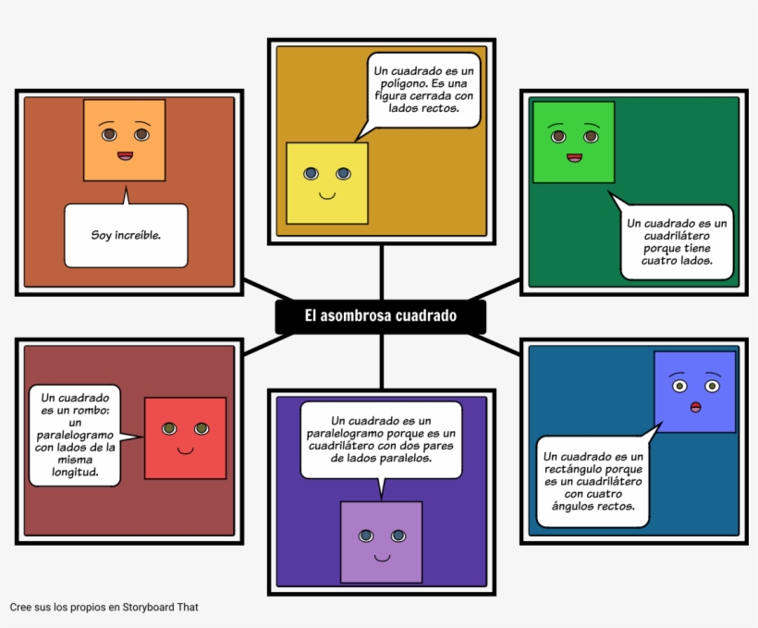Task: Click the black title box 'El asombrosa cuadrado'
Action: (381, 316)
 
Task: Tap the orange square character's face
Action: (124, 140)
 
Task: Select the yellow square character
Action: (326, 183)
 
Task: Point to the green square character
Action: (573, 142)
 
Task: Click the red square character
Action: (185, 437)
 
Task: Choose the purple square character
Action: (381, 542)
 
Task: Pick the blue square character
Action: (694, 391)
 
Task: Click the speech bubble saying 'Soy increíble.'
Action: (126, 236)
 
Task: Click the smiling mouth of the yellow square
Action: (326, 195)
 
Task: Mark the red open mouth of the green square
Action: (574, 157)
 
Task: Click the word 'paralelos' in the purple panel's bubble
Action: (403, 458)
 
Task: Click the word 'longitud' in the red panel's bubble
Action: (76, 471)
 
